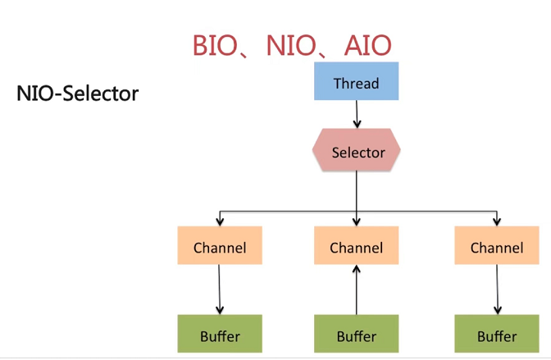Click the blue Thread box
click(357, 83)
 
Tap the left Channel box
click(220, 246)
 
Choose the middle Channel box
click(357, 246)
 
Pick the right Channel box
click(497, 246)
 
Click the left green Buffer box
click(220, 335)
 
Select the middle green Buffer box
click(357, 335)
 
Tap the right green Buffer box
click(497, 335)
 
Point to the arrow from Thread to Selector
click(357, 115)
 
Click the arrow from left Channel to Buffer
click(220, 289)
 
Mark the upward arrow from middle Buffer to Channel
click(357, 289)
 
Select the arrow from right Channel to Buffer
click(497, 289)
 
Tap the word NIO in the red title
click(292, 45)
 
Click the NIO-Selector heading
click(77, 93)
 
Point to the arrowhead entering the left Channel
click(219, 222)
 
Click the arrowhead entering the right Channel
click(497, 222)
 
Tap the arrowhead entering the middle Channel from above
click(357, 222)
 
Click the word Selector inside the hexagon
click(358, 153)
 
